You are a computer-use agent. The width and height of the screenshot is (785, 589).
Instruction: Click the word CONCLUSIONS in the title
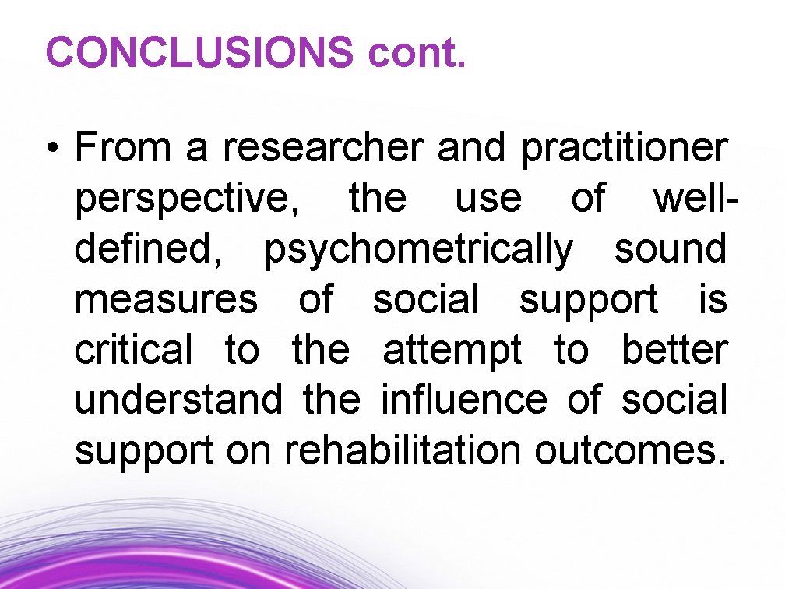pyautogui.click(x=199, y=52)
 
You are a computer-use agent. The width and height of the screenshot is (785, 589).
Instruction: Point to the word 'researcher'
pyautogui.click(x=324, y=148)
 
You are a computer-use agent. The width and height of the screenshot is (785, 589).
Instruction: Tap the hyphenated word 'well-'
pyautogui.click(x=695, y=198)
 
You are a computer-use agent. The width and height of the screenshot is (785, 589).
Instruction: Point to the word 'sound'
pyautogui.click(x=671, y=249)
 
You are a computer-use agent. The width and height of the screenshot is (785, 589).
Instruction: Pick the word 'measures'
pyautogui.click(x=165, y=300)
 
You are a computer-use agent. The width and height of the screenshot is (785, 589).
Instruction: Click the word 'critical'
pyautogui.click(x=132, y=350)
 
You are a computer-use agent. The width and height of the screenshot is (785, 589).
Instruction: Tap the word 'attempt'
pyautogui.click(x=452, y=351)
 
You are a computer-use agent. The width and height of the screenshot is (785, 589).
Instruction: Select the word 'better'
pyautogui.click(x=674, y=350)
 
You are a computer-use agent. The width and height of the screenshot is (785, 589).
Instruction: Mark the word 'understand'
pyautogui.click(x=178, y=400)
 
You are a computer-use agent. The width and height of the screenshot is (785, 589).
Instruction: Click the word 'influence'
pyautogui.click(x=464, y=400)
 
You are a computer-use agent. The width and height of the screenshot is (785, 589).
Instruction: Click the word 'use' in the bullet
pyautogui.click(x=488, y=199)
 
